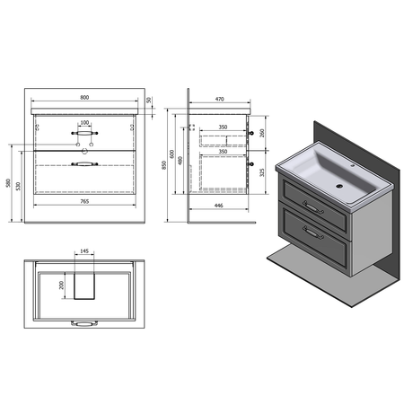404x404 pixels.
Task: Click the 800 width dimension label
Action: coord(84,97)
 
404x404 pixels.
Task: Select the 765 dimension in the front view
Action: coord(84,201)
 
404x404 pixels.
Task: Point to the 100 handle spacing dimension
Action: coord(84,123)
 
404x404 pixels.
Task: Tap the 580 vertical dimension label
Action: coord(8,183)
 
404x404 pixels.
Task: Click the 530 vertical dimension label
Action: coord(19,186)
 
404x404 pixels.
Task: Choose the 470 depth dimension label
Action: coord(219,99)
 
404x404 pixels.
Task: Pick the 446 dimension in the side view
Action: coord(219,206)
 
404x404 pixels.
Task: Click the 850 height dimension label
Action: coord(164,165)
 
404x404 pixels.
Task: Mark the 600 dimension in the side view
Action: coord(171,154)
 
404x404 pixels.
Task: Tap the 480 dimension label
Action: coord(180,161)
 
